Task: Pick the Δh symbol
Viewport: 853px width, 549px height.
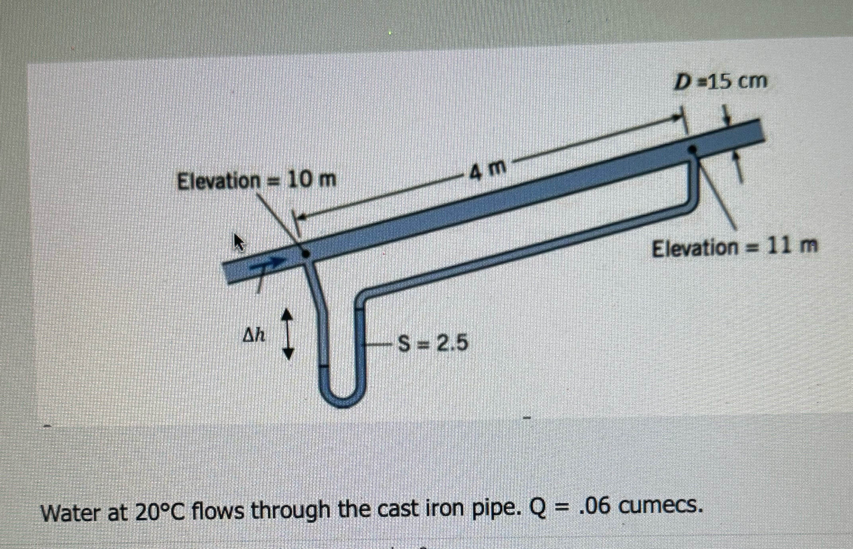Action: tap(254, 335)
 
